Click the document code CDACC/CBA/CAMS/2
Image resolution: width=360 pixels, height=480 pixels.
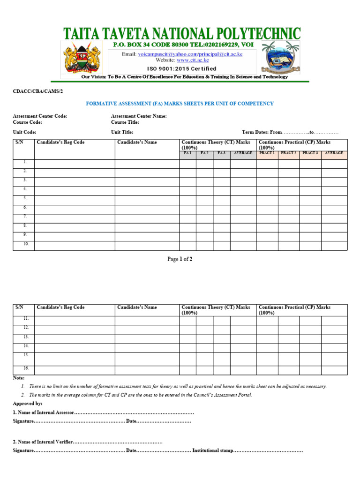tap(37, 92)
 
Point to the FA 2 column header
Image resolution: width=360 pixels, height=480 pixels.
tap(204, 153)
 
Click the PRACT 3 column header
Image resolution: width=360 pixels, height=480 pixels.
tap(310, 153)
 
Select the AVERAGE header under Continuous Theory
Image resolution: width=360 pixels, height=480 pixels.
tap(243, 153)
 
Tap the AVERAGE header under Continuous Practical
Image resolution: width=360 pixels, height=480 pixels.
tap(334, 153)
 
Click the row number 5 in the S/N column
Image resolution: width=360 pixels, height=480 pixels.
tap(25, 198)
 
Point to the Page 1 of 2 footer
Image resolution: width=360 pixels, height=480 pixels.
tap(180, 259)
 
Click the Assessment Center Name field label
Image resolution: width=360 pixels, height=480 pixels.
tap(139, 116)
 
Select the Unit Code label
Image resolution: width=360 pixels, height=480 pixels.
tap(25, 133)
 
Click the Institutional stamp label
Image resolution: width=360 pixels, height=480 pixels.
tap(212, 450)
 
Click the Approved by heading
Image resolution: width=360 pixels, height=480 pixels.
tap(28, 403)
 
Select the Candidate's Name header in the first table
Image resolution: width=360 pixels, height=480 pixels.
tap(137, 142)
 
